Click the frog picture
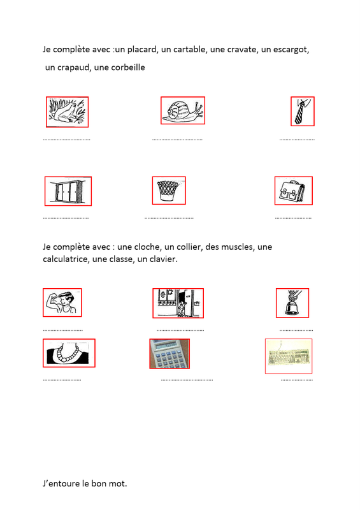point(67,112)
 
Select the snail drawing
point(183,110)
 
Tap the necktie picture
point(303,111)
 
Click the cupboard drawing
point(68,191)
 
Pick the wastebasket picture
point(169,191)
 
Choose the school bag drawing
point(293,191)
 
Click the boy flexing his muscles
point(62,302)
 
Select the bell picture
point(292,303)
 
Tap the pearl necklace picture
point(69,353)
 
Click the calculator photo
point(169,354)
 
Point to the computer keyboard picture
point(289,356)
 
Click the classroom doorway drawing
point(178,303)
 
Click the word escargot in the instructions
point(291,50)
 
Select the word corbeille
point(128,68)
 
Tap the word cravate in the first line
point(241,50)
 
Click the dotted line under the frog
point(67,140)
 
